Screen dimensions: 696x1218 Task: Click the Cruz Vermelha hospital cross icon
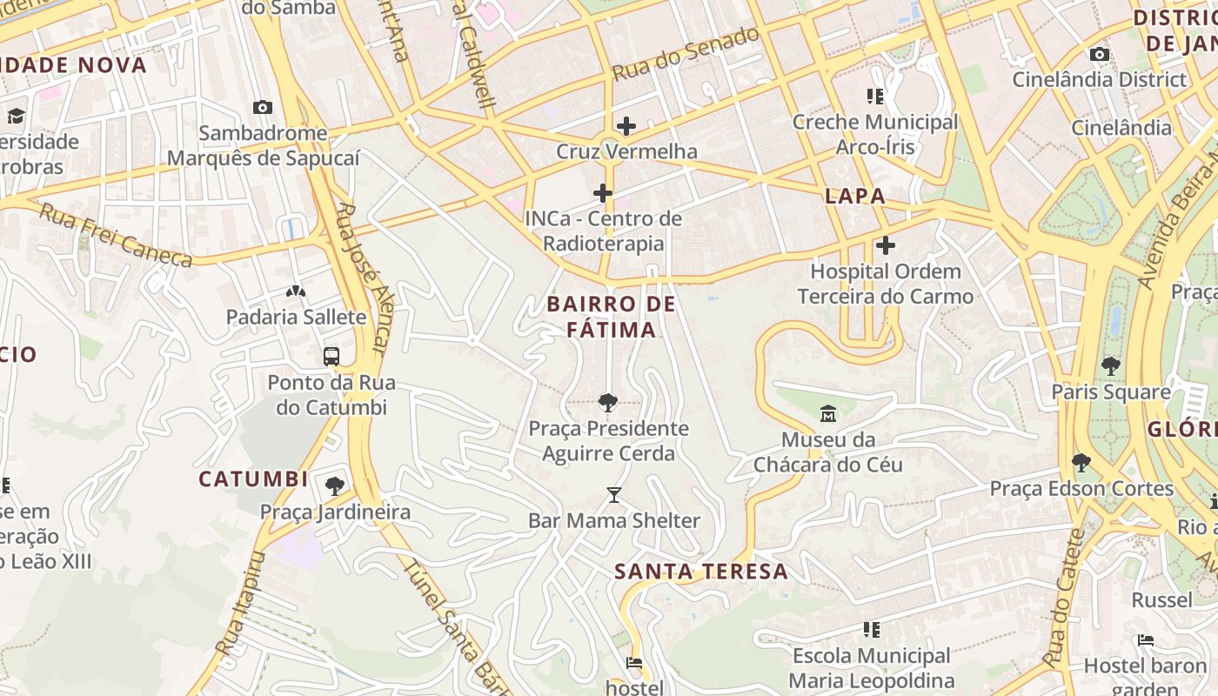point(626,126)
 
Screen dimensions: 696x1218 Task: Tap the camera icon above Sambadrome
point(262,107)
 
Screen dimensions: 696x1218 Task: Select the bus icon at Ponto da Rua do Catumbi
point(331,356)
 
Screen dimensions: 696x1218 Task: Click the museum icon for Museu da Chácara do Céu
point(827,412)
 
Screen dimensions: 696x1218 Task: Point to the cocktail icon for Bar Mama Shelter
point(614,495)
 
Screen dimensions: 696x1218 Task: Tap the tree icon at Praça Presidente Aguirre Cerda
point(608,402)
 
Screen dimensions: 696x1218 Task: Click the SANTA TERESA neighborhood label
point(701,572)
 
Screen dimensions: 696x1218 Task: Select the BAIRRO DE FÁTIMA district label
point(611,317)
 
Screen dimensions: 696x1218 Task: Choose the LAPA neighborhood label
point(855,196)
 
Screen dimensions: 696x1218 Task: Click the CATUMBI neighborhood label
point(253,479)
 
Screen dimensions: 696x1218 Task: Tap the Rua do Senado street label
point(686,54)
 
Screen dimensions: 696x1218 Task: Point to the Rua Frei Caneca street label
point(116,236)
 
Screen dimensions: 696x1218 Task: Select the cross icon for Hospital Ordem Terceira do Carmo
point(886,245)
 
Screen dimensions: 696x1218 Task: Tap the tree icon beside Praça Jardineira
point(335,485)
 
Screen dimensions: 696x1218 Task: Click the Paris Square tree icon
point(1110,365)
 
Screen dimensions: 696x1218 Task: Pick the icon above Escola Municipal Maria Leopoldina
point(873,628)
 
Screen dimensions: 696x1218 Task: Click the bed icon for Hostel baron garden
point(1146,640)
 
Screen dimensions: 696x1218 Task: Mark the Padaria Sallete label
point(296,317)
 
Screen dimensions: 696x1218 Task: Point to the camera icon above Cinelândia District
point(1100,54)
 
